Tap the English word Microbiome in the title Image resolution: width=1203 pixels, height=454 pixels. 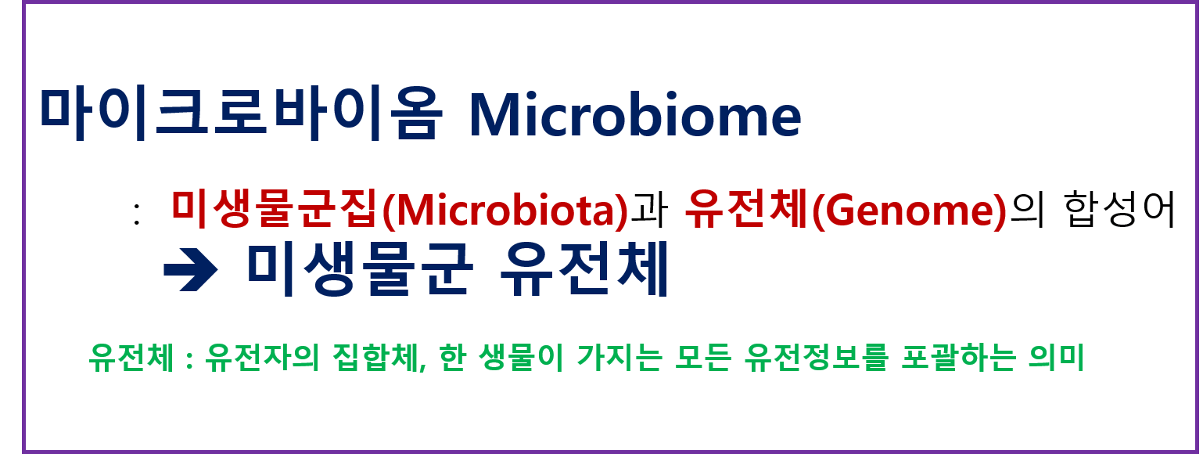click(x=634, y=115)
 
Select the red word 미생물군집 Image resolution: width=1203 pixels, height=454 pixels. click(x=275, y=210)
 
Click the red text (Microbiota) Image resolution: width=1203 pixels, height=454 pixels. click(x=505, y=211)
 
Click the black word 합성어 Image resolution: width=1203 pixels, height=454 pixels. click(x=1121, y=210)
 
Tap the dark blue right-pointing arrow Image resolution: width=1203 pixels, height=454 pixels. click(x=190, y=272)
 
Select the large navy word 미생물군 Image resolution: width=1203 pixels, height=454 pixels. click(x=359, y=269)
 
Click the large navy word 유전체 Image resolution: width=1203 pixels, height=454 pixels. click(x=583, y=269)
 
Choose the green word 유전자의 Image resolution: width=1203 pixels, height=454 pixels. click(x=253, y=360)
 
